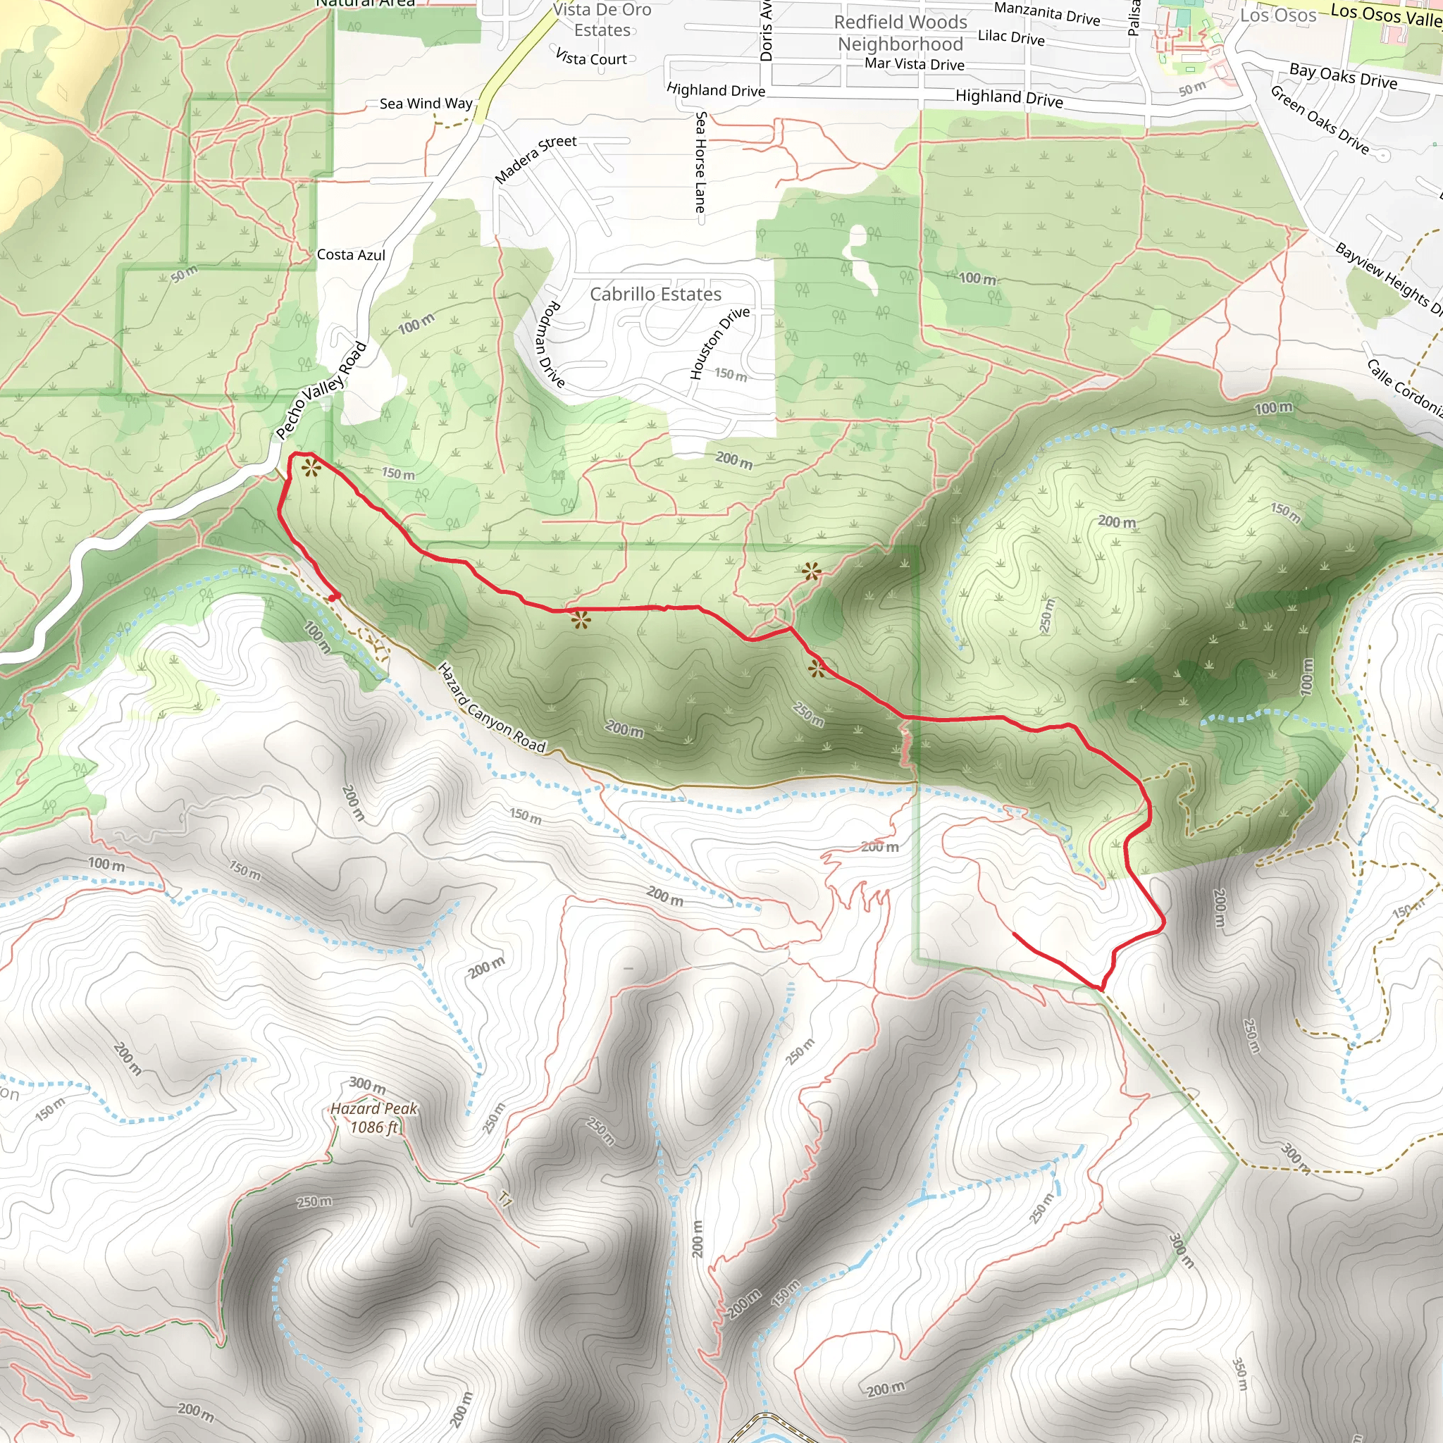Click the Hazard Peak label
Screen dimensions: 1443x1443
(373, 1108)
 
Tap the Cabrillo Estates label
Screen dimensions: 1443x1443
(656, 295)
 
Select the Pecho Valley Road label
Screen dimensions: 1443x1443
(321, 390)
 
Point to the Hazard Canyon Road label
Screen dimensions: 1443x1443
(492, 707)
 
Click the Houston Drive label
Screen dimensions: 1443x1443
(719, 343)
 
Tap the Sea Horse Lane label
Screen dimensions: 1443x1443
(700, 162)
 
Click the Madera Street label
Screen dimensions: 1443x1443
(535, 159)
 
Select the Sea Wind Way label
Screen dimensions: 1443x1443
(426, 103)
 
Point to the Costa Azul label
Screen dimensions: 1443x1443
(351, 254)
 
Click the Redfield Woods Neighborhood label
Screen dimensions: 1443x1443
(900, 33)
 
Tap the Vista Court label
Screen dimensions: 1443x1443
(592, 58)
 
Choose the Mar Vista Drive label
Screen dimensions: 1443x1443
(914, 64)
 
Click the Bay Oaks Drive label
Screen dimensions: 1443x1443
(1343, 75)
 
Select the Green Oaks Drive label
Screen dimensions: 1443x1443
(1320, 120)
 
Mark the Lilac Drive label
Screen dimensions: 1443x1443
(1011, 37)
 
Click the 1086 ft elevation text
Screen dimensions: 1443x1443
(374, 1127)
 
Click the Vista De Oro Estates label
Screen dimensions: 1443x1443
(602, 20)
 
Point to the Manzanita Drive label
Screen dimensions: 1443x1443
(1046, 13)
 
